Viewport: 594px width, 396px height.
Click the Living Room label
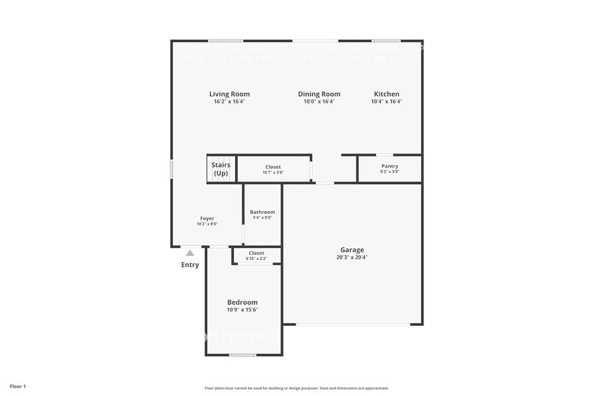pos(230,94)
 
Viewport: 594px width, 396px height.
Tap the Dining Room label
pos(319,94)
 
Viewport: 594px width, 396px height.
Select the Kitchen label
pos(387,94)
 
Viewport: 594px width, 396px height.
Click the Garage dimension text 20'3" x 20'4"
pos(352,257)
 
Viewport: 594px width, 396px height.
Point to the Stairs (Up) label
pos(221,169)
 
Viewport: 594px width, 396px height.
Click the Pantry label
pos(389,166)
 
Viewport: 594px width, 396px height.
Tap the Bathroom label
pos(262,212)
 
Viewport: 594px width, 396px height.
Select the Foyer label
pos(207,218)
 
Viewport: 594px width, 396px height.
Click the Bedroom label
pos(242,302)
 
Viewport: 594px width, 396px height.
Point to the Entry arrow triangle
pos(190,253)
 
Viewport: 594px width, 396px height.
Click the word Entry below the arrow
pos(190,265)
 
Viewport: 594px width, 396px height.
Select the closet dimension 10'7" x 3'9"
pos(273,172)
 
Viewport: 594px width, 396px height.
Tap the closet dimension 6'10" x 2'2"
pos(256,259)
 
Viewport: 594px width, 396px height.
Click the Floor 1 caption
pos(18,387)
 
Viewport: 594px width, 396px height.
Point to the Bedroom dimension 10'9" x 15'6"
pos(242,310)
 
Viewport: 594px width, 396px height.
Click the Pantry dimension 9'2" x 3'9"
pos(389,172)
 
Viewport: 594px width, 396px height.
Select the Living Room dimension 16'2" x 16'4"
pos(230,102)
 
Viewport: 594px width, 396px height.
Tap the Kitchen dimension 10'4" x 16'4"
pos(387,102)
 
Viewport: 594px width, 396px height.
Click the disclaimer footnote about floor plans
pos(296,388)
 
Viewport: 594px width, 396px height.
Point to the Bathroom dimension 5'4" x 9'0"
pos(262,218)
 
